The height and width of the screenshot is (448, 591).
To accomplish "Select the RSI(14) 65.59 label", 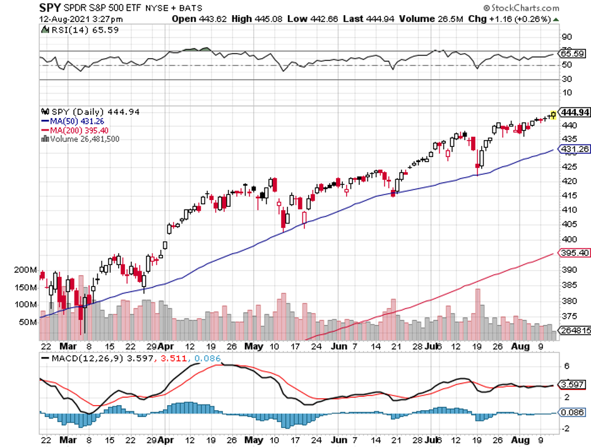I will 75,29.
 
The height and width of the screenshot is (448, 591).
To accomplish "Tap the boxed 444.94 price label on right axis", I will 575,113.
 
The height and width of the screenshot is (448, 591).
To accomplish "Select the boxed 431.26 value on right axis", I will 575,149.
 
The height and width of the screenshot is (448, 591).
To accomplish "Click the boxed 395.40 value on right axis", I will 575,253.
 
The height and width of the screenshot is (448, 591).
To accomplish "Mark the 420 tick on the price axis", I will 568,181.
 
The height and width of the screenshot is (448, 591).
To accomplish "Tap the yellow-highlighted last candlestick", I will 553,114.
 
